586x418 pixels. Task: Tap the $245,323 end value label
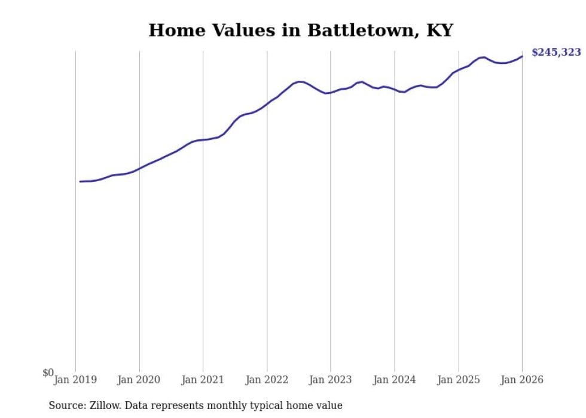click(x=556, y=53)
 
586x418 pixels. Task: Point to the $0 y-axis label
click(x=48, y=373)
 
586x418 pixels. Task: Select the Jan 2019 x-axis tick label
click(x=75, y=380)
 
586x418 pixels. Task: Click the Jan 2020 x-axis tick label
click(x=139, y=380)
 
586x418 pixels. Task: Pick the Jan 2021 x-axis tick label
click(x=203, y=380)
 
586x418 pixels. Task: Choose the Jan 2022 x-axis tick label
click(x=267, y=380)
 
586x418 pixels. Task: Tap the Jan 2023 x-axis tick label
click(x=331, y=380)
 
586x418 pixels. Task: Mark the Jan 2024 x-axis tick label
click(x=395, y=380)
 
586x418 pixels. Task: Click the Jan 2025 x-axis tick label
click(x=459, y=380)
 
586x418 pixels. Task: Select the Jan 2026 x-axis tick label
click(x=522, y=380)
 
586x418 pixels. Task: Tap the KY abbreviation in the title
click(x=439, y=30)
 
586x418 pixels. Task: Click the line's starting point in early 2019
click(x=80, y=181)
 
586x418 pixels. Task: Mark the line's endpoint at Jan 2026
click(x=522, y=56)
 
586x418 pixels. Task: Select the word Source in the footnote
click(x=66, y=405)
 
